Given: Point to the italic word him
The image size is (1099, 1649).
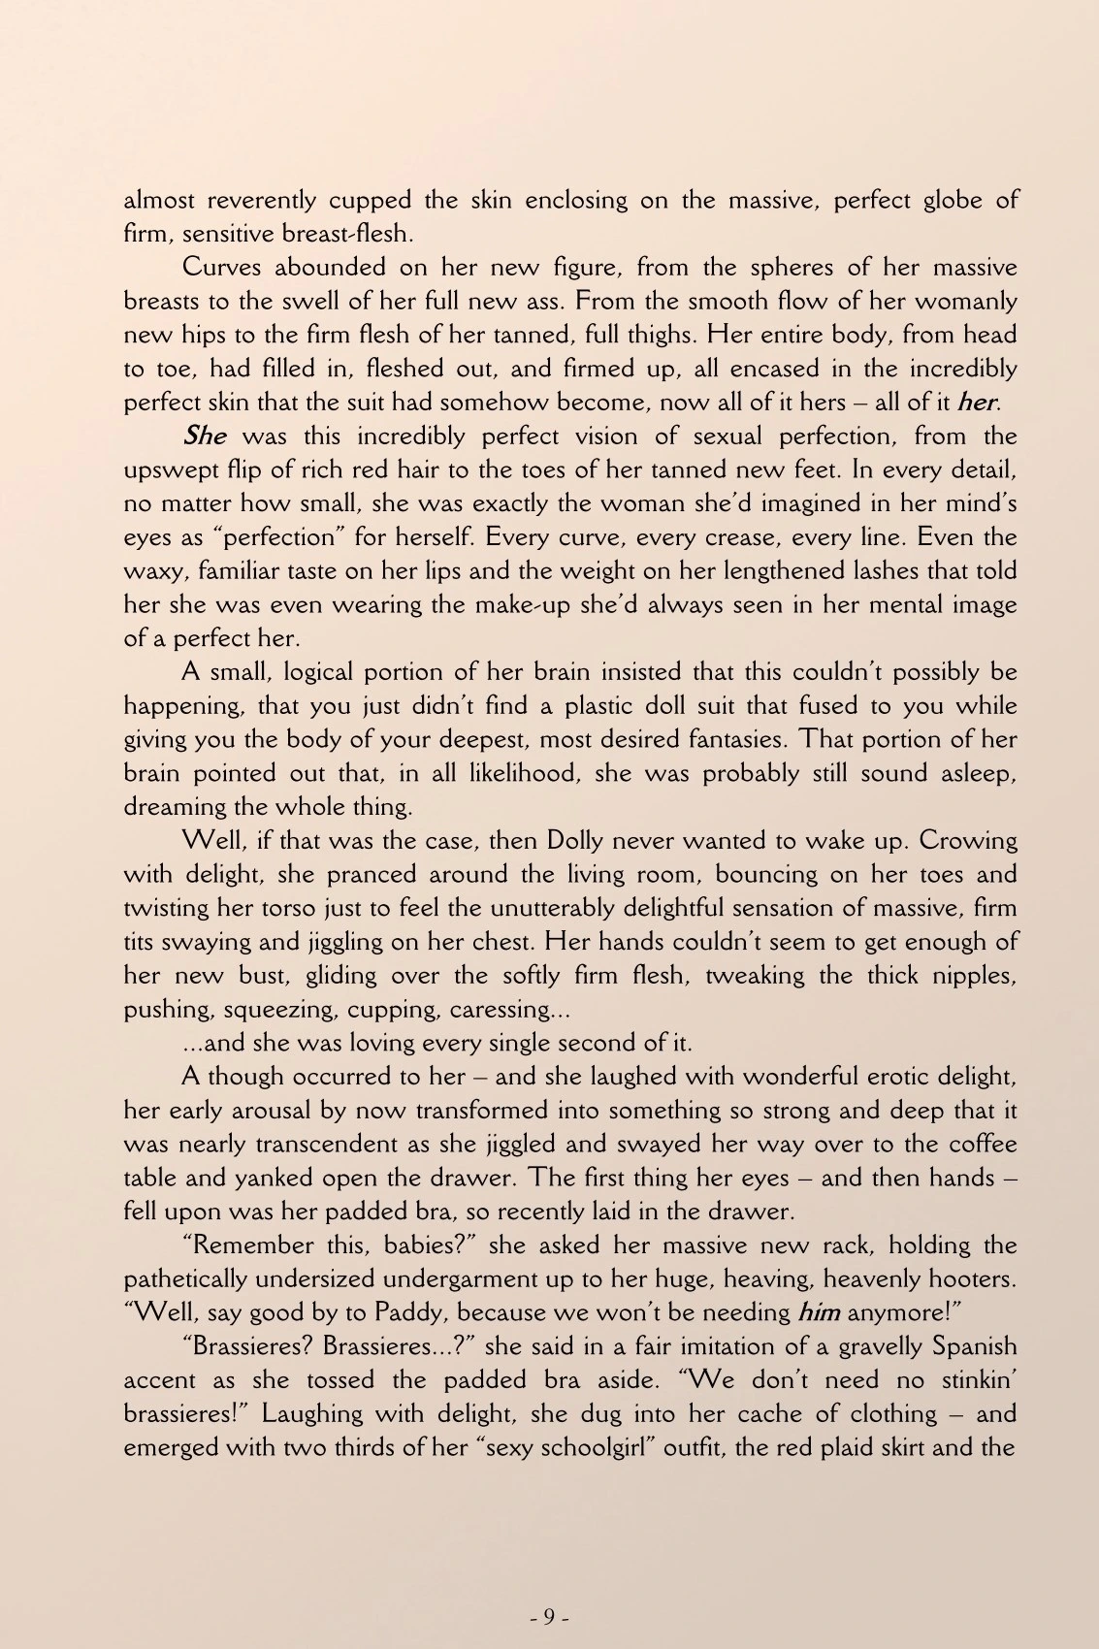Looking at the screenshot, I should (x=819, y=1313).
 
